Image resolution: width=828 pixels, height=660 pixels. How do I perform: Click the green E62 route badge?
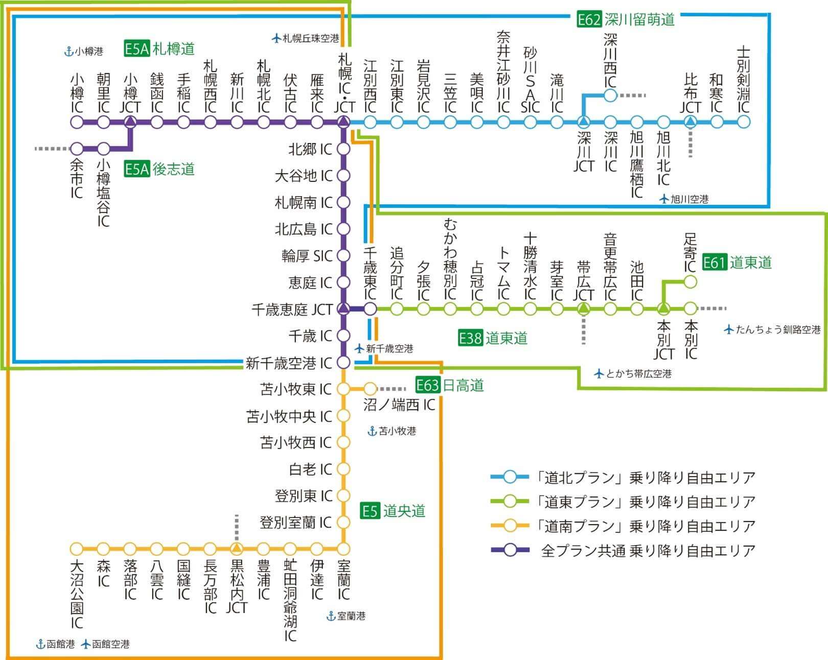coord(589,20)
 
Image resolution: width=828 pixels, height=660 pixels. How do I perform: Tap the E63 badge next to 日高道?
coord(428,385)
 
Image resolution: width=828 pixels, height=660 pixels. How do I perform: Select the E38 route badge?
coord(470,338)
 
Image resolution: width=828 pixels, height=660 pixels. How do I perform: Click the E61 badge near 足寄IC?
coord(714,263)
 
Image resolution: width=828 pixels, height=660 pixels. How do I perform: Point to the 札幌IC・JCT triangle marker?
coord(343,122)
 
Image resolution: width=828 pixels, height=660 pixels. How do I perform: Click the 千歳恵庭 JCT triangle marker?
coord(343,309)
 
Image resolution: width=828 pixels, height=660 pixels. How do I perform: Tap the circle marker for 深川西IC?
coord(610,95)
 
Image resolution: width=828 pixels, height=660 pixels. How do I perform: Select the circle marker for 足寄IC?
coord(690,281)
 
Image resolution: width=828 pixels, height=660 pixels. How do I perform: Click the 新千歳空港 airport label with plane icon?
coord(384,349)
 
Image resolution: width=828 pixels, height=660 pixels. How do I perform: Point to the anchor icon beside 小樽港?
coord(68,52)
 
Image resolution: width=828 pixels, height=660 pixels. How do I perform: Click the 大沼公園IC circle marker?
coord(77,549)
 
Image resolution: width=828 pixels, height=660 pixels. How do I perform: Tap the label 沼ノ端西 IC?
coord(399,405)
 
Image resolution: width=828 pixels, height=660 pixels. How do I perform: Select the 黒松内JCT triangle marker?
coord(237,549)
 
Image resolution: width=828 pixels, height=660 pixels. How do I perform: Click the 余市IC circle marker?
coord(77,149)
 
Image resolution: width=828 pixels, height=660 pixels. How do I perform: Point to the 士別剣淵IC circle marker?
coord(744,122)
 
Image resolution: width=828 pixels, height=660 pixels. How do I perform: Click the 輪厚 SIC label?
coord(307,255)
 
